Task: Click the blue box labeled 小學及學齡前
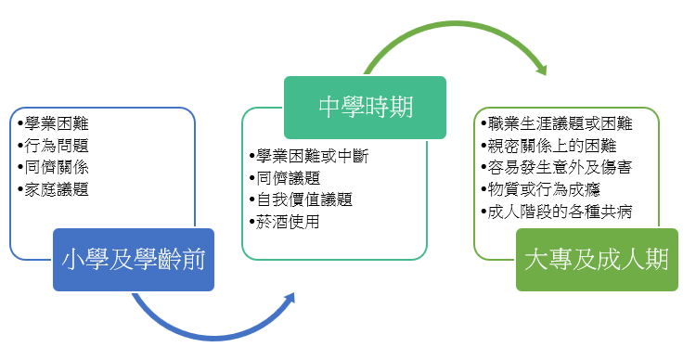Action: point(134,260)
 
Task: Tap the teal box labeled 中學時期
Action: point(365,108)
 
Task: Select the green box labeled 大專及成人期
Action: point(597,260)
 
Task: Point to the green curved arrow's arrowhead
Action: point(542,69)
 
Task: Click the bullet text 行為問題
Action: point(57,146)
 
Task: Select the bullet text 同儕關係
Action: point(57,167)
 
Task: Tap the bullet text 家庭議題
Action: point(57,189)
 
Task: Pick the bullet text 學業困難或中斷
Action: point(313,156)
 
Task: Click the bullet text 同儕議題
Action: point(288,178)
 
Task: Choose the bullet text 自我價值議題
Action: point(304,199)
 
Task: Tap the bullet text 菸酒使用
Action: point(288,222)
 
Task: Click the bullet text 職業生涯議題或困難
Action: point(560,123)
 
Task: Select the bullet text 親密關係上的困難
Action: point(552,146)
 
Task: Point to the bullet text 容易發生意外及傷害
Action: point(560,167)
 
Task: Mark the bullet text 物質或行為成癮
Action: point(544,189)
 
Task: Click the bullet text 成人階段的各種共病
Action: point(560,212)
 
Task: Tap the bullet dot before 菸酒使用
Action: point(252,222)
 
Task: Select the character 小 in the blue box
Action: point(72,260)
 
